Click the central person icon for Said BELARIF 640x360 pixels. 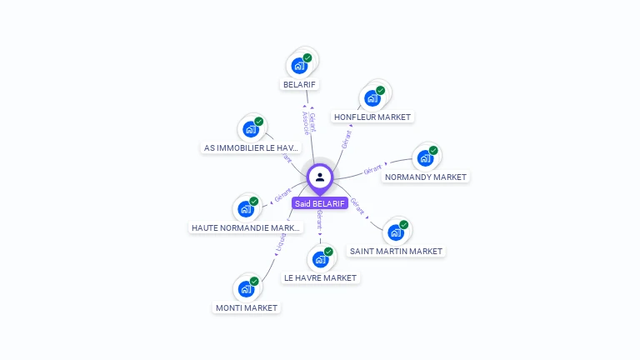(320, 177)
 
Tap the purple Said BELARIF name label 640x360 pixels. (320, 203)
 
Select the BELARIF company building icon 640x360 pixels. (299, 65)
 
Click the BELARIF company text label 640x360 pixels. (301, 84)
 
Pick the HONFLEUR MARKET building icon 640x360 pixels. (372, 97)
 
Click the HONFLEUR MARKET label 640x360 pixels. (372, 117)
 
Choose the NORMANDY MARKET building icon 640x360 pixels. (425, 157)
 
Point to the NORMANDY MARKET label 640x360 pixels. (426, 177)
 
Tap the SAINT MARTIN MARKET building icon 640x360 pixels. (395, 232)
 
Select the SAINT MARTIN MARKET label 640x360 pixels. (396, 251)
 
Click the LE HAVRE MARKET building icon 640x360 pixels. (320, 258)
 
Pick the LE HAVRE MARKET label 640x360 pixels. (320, 277)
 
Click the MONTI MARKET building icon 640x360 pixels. (246, 288)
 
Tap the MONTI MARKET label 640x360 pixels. (247, 307)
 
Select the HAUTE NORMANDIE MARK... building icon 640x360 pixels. (246, 208)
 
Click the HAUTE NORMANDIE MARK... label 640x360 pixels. (247, 227)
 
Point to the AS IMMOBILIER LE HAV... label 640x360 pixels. (252, 148)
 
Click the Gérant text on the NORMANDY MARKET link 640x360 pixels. (372, 170)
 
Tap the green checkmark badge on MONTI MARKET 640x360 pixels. (254, 281)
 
